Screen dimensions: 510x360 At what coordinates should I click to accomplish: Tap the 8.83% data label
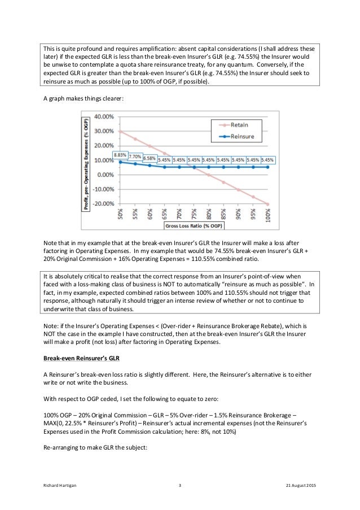(120, 155)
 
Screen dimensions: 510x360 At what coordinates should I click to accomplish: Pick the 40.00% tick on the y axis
(103, 117)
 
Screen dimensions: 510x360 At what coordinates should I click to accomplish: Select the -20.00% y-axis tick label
(102, 204)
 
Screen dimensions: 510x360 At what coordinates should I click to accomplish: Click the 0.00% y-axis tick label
(105, 175)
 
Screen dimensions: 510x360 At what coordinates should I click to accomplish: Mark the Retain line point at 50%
(120, 132)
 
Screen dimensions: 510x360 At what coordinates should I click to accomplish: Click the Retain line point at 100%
(267, 204)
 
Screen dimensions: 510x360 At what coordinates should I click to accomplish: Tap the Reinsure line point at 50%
(120, 162)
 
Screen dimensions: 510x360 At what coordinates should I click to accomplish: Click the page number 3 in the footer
(179, 485)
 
